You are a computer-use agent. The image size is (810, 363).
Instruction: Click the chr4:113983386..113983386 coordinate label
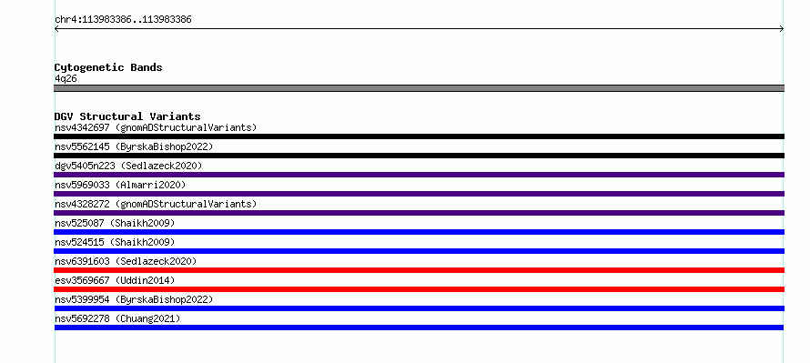coord(123,20)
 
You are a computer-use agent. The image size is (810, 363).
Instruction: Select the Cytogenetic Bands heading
coord(108,67)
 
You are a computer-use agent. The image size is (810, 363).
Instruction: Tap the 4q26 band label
coord(66,79)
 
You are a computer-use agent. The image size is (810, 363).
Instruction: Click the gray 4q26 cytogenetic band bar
coord(419,88)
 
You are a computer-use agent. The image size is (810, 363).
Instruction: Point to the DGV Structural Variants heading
coord(127,116)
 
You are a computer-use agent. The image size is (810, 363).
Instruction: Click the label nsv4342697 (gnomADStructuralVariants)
coord(156,127)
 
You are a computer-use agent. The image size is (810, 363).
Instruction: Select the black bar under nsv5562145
coord(419,156)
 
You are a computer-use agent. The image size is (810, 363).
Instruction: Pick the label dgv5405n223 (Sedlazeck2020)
coord(128,166)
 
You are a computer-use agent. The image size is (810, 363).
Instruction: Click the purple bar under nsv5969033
coord(419,194)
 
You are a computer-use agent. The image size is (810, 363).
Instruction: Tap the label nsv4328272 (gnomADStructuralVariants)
coord(156,204)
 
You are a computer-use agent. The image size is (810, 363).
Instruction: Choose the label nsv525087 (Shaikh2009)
coord(115,223)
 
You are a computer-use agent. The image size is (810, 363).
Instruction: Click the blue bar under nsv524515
coord(419,251)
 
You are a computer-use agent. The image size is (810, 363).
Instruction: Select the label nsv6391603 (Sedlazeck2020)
coord(126,261)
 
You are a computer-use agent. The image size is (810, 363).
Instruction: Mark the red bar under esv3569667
coord(419,289)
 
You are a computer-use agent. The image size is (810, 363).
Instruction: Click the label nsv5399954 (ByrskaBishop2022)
coord(134,299)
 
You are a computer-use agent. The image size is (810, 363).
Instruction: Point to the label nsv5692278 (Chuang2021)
coord(117,318)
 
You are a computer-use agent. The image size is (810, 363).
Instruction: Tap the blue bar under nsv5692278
coord(419,328)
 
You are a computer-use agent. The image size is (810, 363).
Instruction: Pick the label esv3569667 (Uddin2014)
coord(115,280)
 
